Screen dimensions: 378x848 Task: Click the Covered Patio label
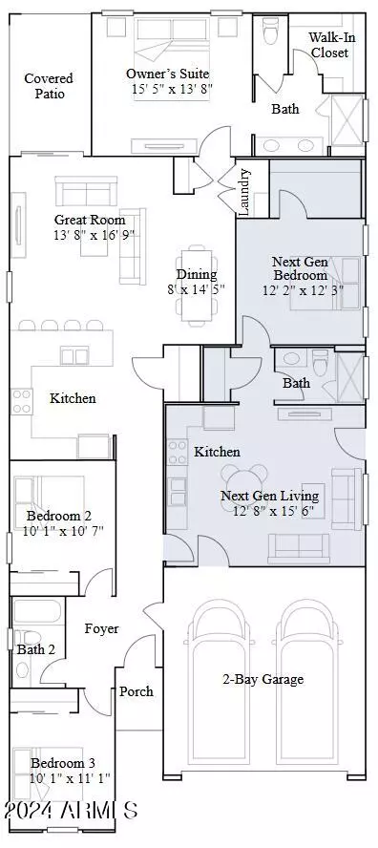coord(49,86)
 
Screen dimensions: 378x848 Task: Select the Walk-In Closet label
coord(328,45)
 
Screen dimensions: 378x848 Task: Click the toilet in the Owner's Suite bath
coord(270,30)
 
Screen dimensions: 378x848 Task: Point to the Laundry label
coord(244,193)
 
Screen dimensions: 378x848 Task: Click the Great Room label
coord(89,220)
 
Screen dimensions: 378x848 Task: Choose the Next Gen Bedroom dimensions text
coord(303,290)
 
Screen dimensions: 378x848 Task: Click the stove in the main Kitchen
coord(22,401)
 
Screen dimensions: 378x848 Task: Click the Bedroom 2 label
coord(59,516)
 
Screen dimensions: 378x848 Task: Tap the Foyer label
coord(102,629)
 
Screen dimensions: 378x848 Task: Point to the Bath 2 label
coord(35,649)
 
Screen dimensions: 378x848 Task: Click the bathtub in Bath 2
coord(37,611)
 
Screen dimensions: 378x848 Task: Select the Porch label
coord(136,691)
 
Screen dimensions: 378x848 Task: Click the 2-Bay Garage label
coord(262,679)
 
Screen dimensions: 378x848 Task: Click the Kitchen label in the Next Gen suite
coord(217,452)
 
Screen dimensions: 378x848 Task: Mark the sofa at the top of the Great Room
coord(86,190)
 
